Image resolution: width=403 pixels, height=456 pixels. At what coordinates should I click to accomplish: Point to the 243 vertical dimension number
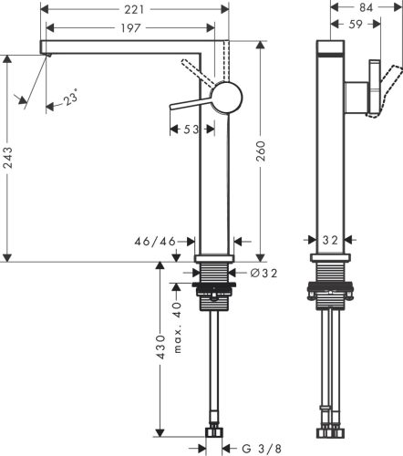tap(9, 162)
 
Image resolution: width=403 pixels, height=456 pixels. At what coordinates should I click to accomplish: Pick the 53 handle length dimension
tap(190, 130)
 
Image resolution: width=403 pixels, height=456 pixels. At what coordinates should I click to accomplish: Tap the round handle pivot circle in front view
tap(227, 96)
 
